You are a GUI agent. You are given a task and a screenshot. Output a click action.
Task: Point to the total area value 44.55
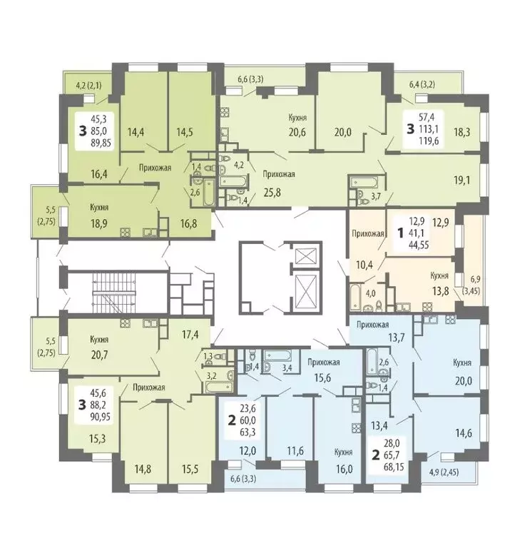point(423,250)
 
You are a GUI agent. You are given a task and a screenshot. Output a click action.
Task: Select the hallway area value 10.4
point(364,265)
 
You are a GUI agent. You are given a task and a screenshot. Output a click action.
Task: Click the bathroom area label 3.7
point(379,196)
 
